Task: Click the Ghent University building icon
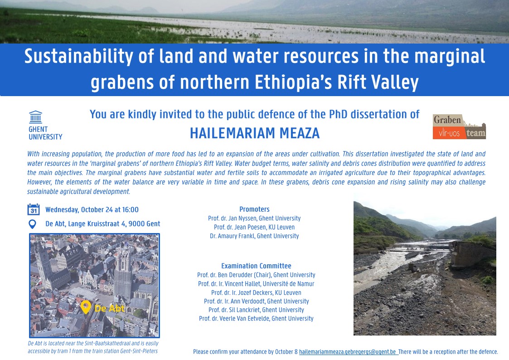36,117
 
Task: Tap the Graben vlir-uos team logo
459,126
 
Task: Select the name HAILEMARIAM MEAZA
255,133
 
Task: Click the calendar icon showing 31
34,209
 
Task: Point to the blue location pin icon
33,224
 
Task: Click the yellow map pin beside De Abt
86,307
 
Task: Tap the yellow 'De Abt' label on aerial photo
110,308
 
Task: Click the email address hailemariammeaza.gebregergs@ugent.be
347,352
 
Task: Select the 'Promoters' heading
255,209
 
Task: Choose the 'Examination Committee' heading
256,266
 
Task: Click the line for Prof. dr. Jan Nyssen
254,219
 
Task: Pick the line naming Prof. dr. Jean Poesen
254,227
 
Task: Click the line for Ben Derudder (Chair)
256,275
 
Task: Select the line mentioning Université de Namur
256,284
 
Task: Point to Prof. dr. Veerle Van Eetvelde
256,318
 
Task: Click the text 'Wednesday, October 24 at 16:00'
92,210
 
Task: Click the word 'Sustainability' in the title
78,57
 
